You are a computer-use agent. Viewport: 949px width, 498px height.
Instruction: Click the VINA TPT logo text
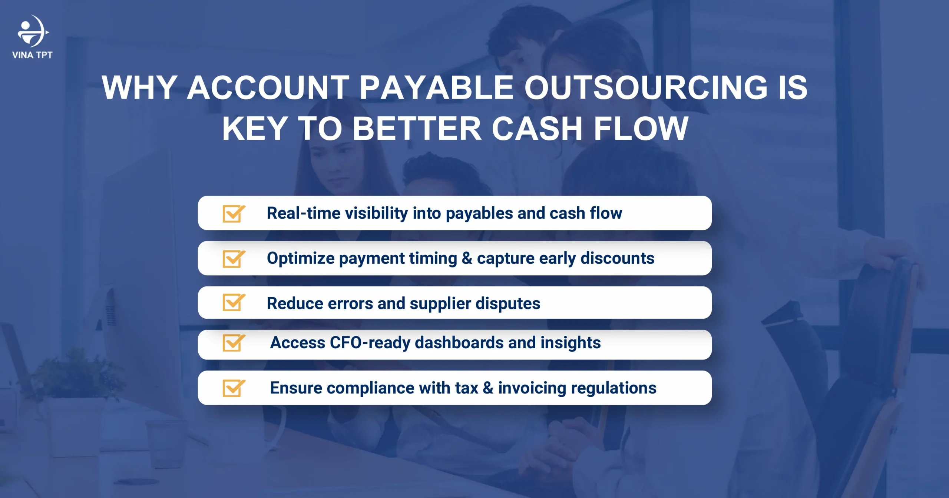tap(32, 55)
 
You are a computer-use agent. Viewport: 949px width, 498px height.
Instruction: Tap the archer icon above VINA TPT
tap(33, 31)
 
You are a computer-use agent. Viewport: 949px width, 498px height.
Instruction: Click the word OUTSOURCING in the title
tap(645, 87)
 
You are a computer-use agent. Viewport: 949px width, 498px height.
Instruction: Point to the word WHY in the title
tap(139, 87)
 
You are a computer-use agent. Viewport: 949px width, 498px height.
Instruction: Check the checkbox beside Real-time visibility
tap(233, 213)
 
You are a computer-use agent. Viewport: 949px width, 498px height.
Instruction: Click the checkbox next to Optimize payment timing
tap(233, 259)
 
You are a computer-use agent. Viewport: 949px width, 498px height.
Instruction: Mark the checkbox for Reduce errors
tap(233, 302)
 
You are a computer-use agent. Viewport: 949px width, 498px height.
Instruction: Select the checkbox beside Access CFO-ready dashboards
tap(233, 343)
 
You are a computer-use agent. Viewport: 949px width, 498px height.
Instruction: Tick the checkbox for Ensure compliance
tap(233, 388)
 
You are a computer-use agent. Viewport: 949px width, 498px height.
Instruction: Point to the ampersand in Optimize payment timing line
tap(467, 258)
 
